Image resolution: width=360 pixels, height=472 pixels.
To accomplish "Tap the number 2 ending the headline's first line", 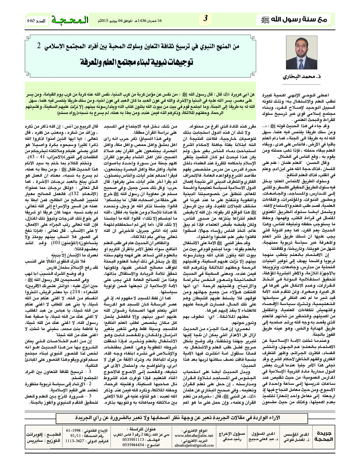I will coord(39,46).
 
